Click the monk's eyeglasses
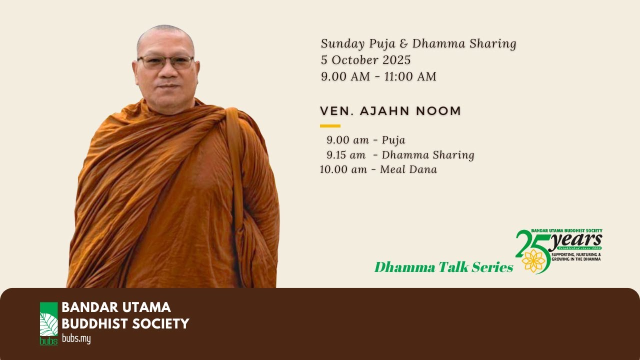(x=165, y=62)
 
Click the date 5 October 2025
(x=365, y=60)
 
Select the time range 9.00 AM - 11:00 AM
(x=378, y=76)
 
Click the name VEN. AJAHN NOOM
(x=390, y=111)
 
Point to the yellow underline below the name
(x=330, y=126)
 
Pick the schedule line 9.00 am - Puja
(x=365, y=140)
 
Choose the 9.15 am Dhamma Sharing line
(x=400, y=155)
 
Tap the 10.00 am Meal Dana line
(x=378, y=169)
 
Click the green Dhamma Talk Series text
(x=443, y=267)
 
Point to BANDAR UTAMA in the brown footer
(x=116, y=307)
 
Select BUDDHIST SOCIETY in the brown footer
(x=125, y=323)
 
